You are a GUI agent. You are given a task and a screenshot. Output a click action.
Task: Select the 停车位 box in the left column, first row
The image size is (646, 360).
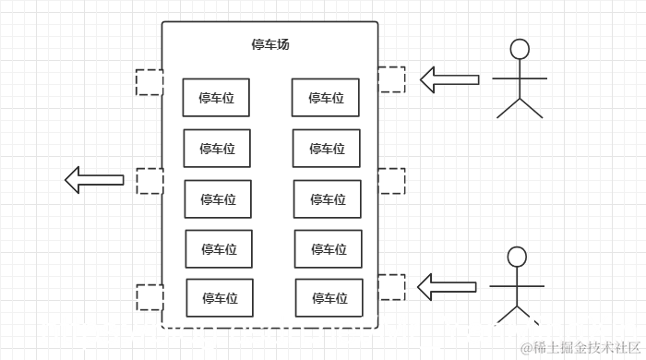click(216, 97)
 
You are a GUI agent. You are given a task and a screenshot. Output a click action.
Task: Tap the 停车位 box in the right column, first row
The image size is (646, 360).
click(326, 97)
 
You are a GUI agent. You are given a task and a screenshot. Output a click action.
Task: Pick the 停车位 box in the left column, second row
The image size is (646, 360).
click(217, 148)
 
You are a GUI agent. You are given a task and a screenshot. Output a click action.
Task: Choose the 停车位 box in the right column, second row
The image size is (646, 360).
click(327, 148)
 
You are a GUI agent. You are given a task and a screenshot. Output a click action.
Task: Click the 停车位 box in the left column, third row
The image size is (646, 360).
click(218, 198)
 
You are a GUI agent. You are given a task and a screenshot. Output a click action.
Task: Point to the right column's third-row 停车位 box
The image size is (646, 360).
click(328, 198)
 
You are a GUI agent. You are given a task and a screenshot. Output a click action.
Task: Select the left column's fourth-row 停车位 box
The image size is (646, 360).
click(219, 248)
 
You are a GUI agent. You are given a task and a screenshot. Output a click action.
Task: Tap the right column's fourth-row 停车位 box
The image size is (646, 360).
click(329, 248)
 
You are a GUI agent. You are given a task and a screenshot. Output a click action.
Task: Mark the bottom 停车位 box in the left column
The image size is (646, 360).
click(220, 297)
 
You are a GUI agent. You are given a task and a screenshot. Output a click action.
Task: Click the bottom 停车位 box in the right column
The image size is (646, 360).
click(329, 297)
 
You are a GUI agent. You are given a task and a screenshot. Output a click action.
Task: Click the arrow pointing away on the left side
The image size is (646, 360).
click(94, 180)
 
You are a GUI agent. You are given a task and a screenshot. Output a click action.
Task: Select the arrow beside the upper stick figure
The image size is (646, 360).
click(449, 79)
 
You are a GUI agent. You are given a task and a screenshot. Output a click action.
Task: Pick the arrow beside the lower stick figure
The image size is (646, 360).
click(447, 287)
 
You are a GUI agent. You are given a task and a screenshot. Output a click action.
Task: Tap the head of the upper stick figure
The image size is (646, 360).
click(520, 49)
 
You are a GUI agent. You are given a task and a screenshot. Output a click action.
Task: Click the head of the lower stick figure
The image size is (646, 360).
click(517, 257)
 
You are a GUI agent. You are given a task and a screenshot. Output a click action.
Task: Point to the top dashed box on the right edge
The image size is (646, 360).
click(391, 79)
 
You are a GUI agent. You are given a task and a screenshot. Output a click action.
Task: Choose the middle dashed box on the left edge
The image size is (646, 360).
click(150, 181)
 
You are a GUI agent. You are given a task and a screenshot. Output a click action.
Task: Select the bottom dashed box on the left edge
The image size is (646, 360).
click(150, 297)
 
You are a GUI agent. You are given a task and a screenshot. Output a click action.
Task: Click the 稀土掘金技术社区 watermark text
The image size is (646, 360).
click(581, 347)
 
